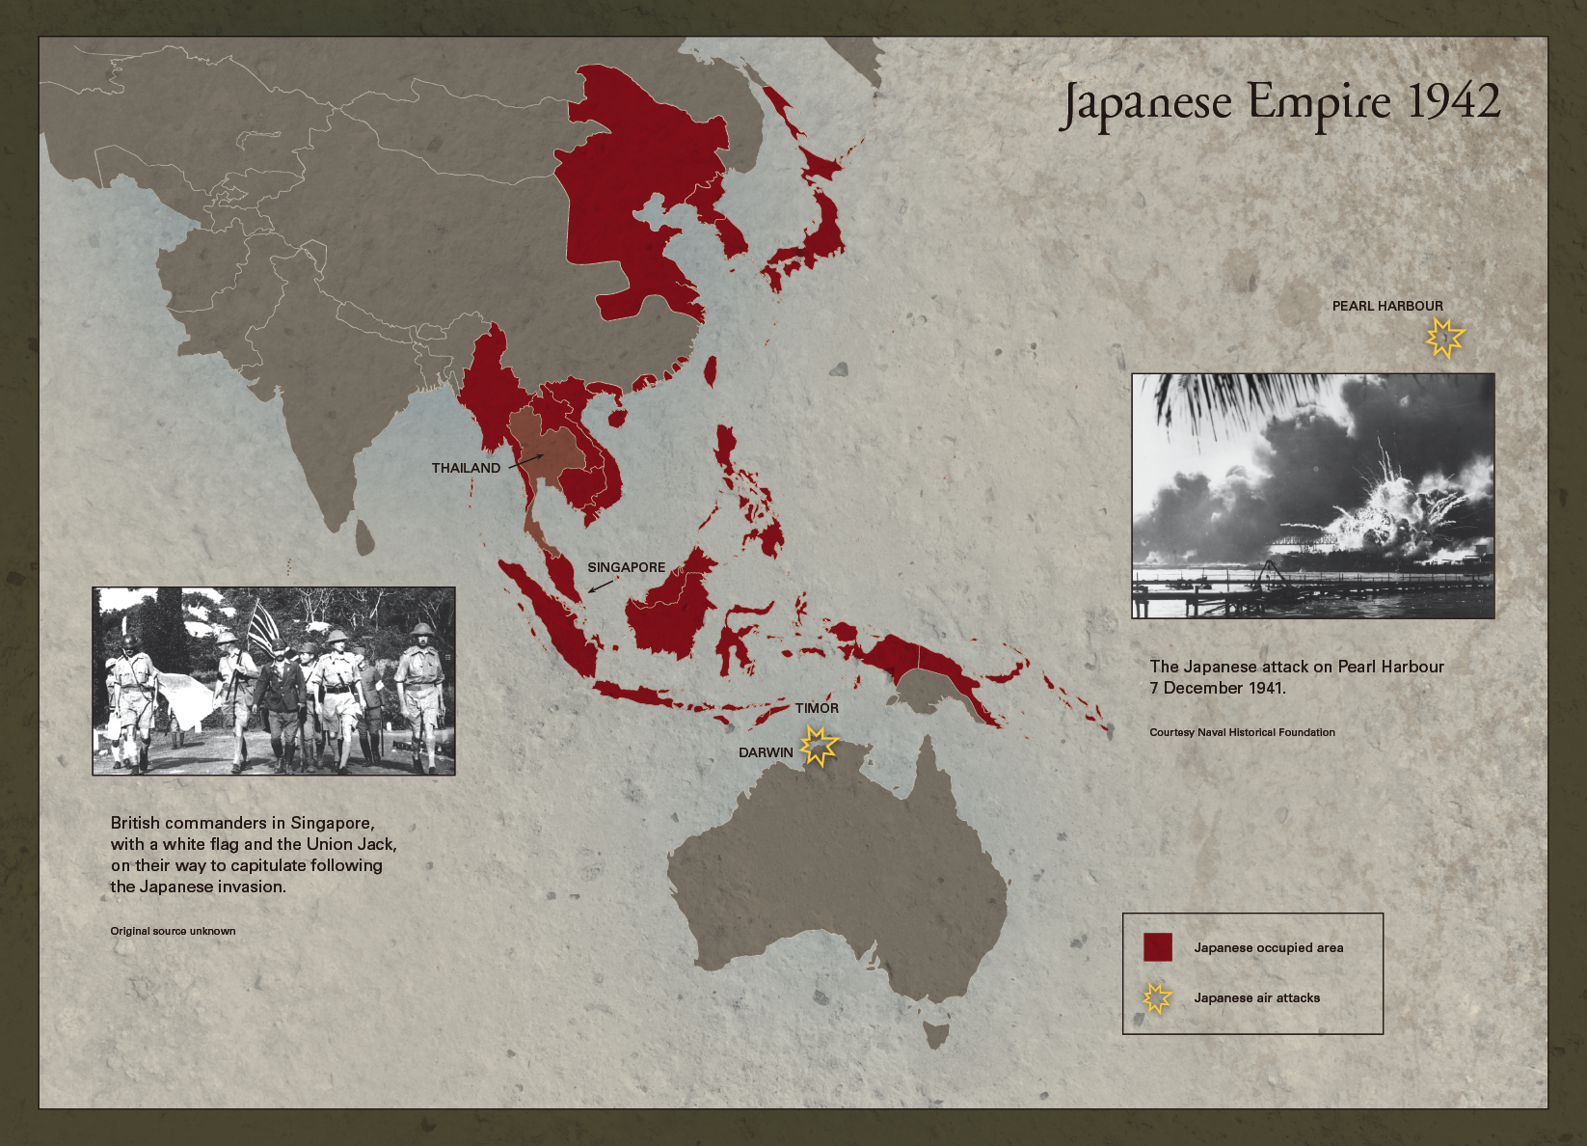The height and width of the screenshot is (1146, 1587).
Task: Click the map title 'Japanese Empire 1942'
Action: pyautogui.click(x=1280, y=104)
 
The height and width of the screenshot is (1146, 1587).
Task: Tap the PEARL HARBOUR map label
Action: pyautogui.click(x=1387, y=306)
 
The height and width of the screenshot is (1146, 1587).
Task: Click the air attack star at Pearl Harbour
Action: pyautogui.click(x=1444, y=338)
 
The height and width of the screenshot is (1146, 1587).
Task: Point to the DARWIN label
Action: pyautogui.click(x=766, y=752)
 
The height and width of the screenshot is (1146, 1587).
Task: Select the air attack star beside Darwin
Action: pyautogui.click(x=819, y=747)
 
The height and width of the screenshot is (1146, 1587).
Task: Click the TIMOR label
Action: pyautogui.click(x=817, y=708)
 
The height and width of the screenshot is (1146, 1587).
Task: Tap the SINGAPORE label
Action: pyautogui.click(x=627, y=567)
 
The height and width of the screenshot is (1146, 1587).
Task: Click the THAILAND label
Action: pyautogui.click(x=466, y=468)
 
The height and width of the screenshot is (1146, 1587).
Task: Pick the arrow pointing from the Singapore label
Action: pyautogui.click(x=600, y=585)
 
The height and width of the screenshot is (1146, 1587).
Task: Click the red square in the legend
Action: pyautogui.click(x=1157, y=947)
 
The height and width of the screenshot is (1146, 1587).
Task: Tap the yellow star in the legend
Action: pyautogui.click(x=1157, y=998)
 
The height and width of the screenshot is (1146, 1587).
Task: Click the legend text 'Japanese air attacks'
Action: pyautogui.click(x=1256, y=998)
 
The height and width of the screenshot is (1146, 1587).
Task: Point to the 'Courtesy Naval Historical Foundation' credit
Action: pyautogui.click(x=1242, y=732)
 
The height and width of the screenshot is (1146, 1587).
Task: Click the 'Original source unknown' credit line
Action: pyautogui.click(x=173, y=931)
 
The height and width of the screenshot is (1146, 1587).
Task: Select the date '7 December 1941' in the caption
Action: pyautogui.click(x=1217, y=688)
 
